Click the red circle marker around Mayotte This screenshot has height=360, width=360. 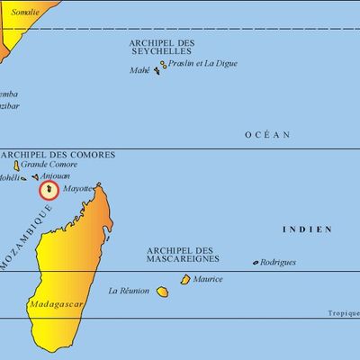(48, 190)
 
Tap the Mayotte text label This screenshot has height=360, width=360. (78, 190)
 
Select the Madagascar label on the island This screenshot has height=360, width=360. (57, 304)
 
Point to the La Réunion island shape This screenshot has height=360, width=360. (163, 292)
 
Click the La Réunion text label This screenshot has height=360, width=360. (126, 291)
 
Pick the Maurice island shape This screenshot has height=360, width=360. (185, 280)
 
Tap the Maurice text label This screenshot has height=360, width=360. (208, 279)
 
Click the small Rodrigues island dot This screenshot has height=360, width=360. (255, 263)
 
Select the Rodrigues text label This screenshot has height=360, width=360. (278, 262)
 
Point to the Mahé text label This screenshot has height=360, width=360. (139, 70)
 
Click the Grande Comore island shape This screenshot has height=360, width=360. (16, 166)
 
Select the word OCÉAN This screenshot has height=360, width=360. (268, 135)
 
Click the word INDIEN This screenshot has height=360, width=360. (308, 229)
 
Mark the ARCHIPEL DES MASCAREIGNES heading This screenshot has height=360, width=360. (180, 255)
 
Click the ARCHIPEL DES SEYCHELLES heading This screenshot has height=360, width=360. (161, 47)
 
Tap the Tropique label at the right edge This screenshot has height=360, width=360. (343, 312)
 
